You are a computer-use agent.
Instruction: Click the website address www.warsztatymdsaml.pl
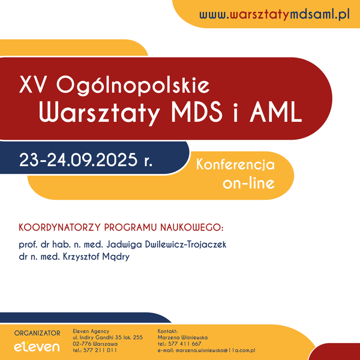(x=274, y=14)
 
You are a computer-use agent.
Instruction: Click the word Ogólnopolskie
(x=133, y=85)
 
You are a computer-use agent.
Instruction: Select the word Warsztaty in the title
(x=99, y=113)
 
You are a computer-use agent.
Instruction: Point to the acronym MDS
(x=197, y=113)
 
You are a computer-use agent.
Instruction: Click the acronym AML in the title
(x=275, y=113)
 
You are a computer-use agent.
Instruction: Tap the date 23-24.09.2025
(x=78, y=160)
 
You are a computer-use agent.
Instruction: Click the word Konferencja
(x=235, y=164)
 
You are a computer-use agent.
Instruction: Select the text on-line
(x=248, y=183)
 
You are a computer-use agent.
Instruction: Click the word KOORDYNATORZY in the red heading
(x=59, y=227)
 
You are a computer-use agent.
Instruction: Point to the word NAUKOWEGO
(x=191, y=227)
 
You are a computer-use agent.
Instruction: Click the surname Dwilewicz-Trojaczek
(x=186, y=244)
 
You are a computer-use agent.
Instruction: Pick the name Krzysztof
(x=81, y=256)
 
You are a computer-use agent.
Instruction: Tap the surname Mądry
(x=116, y=257)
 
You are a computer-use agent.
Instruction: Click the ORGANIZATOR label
(x=37, y=333)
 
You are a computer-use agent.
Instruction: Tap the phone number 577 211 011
(x=100, y=350)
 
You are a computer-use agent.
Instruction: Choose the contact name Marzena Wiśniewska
(x=183, y=337)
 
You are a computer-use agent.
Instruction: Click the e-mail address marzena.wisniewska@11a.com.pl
(x=215, y=350)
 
